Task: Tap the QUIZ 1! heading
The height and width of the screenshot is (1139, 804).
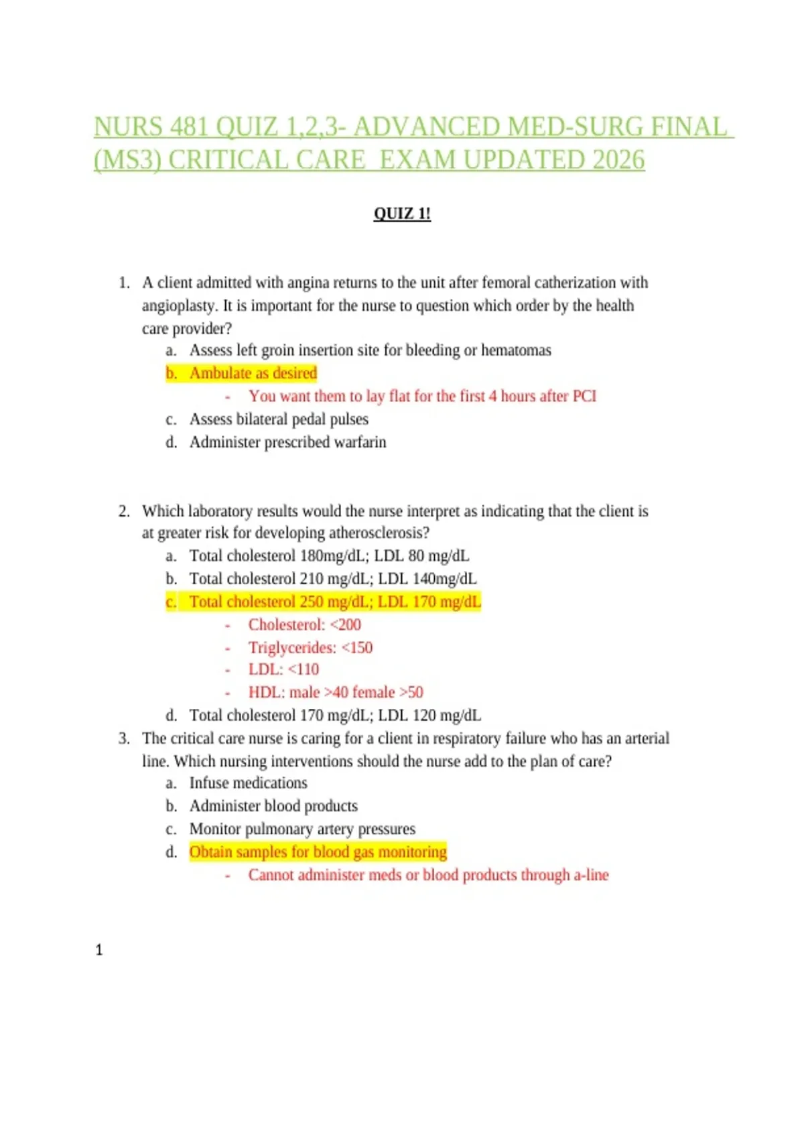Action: [402, 214]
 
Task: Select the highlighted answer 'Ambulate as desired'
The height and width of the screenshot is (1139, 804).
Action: [253, 373]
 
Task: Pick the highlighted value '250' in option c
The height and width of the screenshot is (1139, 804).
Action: [311, 602]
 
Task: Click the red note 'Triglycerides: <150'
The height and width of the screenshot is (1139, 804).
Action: [310, 648]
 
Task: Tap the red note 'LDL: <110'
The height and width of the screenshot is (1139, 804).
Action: [283, 669]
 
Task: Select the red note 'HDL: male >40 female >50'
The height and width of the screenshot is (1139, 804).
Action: [336, 692]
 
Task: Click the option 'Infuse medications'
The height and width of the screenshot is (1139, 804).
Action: [248, 783]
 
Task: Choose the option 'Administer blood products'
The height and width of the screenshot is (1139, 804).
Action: [273, 806]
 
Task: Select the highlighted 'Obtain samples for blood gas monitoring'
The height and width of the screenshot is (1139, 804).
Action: [318, 852]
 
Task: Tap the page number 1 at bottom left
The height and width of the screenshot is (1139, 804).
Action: [99, 950]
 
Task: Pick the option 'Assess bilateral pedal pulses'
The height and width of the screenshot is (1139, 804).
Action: [279, 419]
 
